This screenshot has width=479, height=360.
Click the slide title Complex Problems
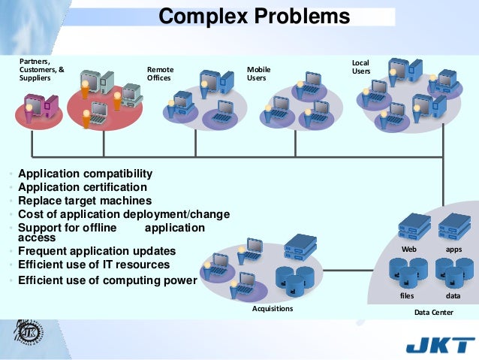pos(255,17)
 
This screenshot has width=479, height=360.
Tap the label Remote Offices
pos(159,74)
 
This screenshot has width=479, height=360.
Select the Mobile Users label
pos(258,74)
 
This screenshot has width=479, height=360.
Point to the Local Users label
pos(361,66)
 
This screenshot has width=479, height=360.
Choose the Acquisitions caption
pos(273,308)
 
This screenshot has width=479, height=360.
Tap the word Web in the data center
pos(409,249)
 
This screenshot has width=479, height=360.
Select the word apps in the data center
pos(453,249)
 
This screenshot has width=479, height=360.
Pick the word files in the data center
pos(407,296)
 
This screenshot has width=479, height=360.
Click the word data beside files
pos(453,296)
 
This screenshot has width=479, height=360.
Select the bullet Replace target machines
pos(85,201)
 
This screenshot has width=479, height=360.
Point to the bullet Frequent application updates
pos(97,251)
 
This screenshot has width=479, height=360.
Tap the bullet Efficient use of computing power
pos(107,280)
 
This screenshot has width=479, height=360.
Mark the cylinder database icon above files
pos(408,273)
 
